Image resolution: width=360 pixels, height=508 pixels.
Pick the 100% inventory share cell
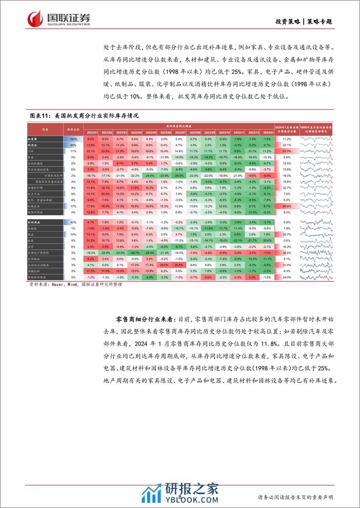(73, 139)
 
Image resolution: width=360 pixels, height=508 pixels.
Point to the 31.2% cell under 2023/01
(91, 240)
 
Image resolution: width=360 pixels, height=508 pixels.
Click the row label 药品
(32, 234)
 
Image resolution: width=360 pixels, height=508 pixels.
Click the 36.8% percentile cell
(287, 252)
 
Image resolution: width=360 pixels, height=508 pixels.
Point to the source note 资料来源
(72, 282)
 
